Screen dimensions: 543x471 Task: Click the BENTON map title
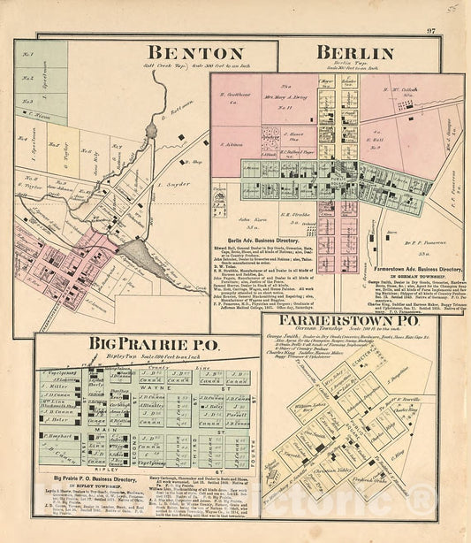tap(185, 53)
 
